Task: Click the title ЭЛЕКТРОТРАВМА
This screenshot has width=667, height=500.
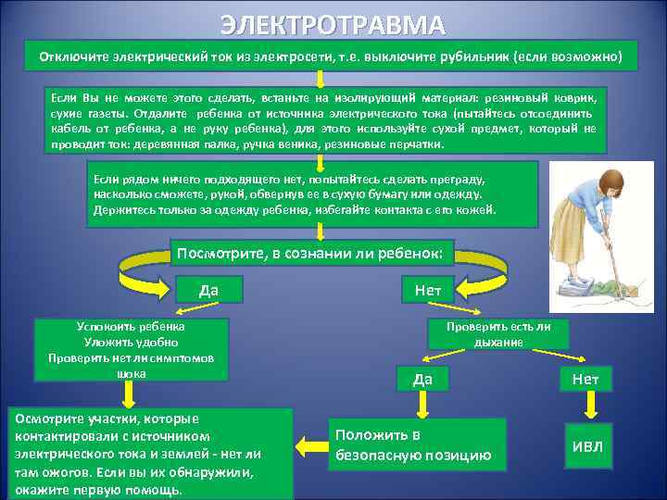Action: pos(333,24)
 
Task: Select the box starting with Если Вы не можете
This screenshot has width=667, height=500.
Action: pos(325,120)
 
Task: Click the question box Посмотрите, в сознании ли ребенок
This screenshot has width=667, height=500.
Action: pos(309,253)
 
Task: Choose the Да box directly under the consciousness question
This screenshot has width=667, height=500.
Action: pos(208,290)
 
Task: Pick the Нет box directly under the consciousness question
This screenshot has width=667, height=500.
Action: pos(428,290)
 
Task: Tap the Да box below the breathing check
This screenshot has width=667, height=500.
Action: pos(422,378)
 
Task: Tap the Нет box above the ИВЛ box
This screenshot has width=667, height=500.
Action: pos(585,378)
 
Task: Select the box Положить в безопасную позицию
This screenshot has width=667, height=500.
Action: pos(418,444)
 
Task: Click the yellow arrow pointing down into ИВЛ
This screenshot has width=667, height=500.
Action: pos(585,406)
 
